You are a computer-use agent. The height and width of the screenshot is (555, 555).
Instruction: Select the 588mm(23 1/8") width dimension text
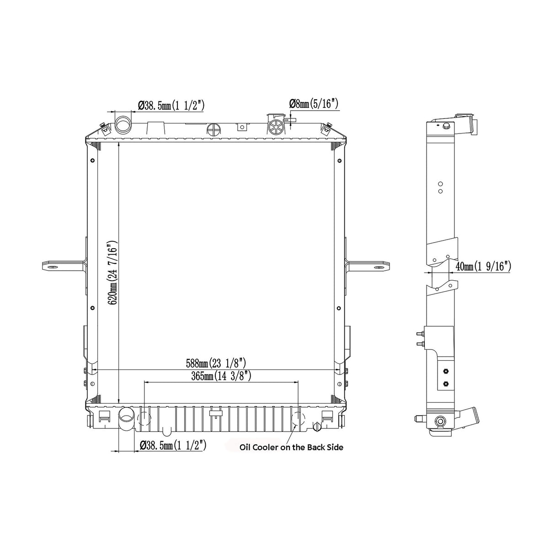click(x=216, y=364)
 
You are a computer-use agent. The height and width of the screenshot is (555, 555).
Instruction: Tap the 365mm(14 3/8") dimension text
click(x=221, y=376)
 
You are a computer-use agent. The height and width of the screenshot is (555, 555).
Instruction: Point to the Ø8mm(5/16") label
click(x=314, y=104)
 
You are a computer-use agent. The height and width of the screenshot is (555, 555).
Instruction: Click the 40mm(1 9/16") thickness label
click(x=483, y=267)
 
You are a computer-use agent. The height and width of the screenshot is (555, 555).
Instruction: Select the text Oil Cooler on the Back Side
click(x=291, y=447)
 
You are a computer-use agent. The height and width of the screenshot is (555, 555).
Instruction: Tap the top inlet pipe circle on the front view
click(x=123, y=124)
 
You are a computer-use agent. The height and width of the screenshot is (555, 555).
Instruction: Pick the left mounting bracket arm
click(x=64, y=266)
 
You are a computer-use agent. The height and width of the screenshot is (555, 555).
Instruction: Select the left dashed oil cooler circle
click(x=144, y=419)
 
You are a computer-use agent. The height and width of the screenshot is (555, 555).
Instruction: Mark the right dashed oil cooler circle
click(x=298, y=419)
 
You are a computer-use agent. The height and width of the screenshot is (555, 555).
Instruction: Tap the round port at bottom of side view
click(x=441, y=421)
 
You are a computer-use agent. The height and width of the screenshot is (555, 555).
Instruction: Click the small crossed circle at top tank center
click(x=213, y=129)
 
